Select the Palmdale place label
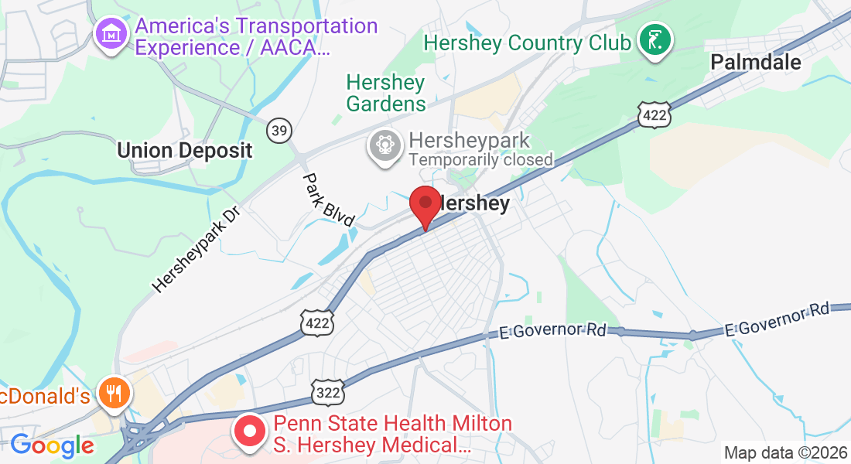click(x=756, y=62)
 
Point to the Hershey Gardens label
click(x=386, y=93)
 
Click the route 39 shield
click(x=279, y=130)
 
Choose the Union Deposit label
click(x=185, y=150)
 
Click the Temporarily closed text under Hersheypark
click(x=480, y=160)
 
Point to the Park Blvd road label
click(x=329, y=200)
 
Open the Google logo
click(x=52, y=445)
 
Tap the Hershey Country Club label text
click(x=528, y=42)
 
